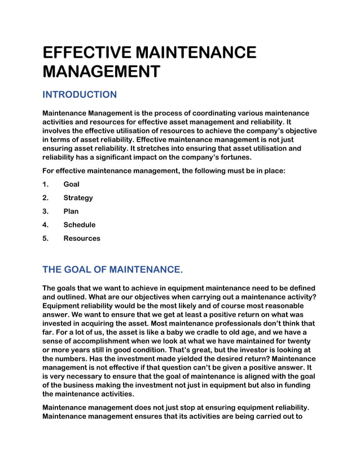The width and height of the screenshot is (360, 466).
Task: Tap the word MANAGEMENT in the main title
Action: (x=102, y=72)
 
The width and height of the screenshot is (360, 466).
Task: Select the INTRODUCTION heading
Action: (x=80, y=95)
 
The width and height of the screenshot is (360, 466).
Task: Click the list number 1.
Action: (x=45, y=184)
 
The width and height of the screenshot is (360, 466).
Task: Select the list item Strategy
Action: (x=78, y=198)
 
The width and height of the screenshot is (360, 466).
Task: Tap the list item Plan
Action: (x=71, y=212)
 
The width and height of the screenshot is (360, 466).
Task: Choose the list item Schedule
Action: (x=79, y=225)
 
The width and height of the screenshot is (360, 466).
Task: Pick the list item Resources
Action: (x=81, y=239)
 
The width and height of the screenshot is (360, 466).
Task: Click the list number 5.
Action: (x=45, y=239)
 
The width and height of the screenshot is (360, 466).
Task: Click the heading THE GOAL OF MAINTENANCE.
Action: (x=113, y=270)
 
